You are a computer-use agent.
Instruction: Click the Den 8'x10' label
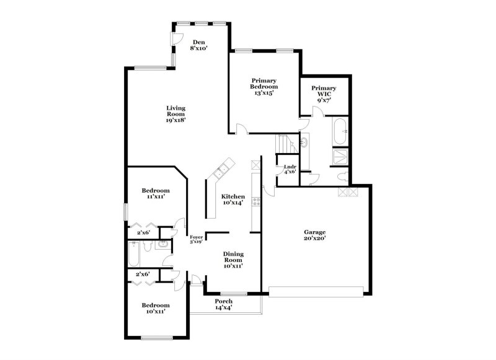click(198, 45)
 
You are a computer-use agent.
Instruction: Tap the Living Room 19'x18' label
click(175, 115)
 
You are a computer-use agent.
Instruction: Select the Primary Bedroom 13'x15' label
click(263, 87)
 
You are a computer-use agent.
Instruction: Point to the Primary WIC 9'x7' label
click(324, 93)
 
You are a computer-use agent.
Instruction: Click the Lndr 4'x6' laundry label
click(290, 170)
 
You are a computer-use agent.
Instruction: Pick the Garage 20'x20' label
click(315, 234)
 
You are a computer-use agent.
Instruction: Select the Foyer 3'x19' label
click(196, 239)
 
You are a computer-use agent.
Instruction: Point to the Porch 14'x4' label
click(223, 304)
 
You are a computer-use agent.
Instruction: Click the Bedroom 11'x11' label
click(155, 193)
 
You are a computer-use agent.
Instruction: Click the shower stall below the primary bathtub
click(340, 156)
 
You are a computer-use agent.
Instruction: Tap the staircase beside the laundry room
click(285, 144)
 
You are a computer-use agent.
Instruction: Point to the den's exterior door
click(175, 38)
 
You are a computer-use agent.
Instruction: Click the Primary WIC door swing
click(317, 112)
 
